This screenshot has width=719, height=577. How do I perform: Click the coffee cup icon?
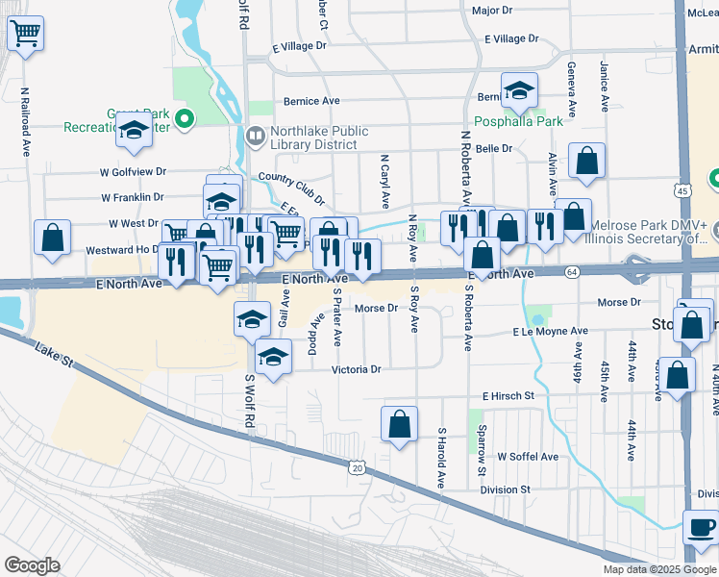point(701,527)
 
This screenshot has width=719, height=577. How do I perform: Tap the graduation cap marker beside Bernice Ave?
point(520,91)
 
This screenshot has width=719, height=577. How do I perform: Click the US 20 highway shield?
point(358,465)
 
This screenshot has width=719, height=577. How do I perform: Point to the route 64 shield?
point(572,274)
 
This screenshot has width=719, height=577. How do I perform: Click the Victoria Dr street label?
point(357,369)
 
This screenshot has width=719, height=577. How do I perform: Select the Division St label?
point(506,489)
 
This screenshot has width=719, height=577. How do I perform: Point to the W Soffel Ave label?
point(527,457)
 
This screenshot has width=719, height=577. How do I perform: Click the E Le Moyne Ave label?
point(550,331)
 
